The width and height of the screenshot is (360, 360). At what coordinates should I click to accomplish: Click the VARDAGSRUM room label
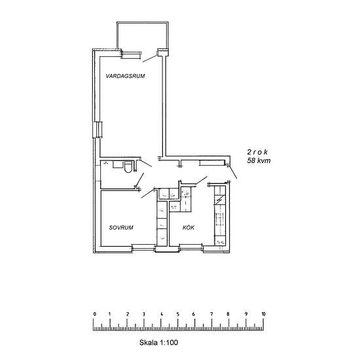click(125, 76)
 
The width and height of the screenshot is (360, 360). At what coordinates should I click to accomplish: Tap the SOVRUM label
click(121, 228)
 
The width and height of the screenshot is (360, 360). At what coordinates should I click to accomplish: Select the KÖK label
click(189, 227)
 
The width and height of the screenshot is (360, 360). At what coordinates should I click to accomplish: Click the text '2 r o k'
click(257, 152)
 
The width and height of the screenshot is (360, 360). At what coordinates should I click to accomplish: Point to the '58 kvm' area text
click(259, 160)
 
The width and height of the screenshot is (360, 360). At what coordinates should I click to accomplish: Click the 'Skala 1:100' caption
click(158, 342)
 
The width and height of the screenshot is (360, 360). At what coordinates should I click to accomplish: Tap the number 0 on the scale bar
click(95, 314)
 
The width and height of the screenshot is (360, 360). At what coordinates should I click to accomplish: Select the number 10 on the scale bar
click(263, 314)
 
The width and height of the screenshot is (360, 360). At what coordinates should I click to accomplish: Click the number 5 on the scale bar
click(177, 314)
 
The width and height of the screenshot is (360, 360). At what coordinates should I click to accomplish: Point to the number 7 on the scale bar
click(211, 314)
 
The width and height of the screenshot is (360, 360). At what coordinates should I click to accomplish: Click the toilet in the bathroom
click(128, 167)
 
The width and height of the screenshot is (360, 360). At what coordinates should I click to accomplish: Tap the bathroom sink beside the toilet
click(118, 164)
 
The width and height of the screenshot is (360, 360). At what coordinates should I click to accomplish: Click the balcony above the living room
click(143, 35)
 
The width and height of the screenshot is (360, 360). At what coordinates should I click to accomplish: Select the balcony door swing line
click(150, 58)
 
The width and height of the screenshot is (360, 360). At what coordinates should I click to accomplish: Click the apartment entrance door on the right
click(233, 172)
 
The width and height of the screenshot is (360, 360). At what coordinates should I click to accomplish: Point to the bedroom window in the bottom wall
click(143, 247)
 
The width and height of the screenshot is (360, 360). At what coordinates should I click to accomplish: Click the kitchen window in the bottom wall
click(191, 247)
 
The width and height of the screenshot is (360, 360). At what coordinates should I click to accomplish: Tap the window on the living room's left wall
click(98, 130)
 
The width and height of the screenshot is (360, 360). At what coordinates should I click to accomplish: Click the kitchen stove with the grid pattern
click(220, 219)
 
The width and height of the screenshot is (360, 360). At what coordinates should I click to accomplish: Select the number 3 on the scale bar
click(144, 314)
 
